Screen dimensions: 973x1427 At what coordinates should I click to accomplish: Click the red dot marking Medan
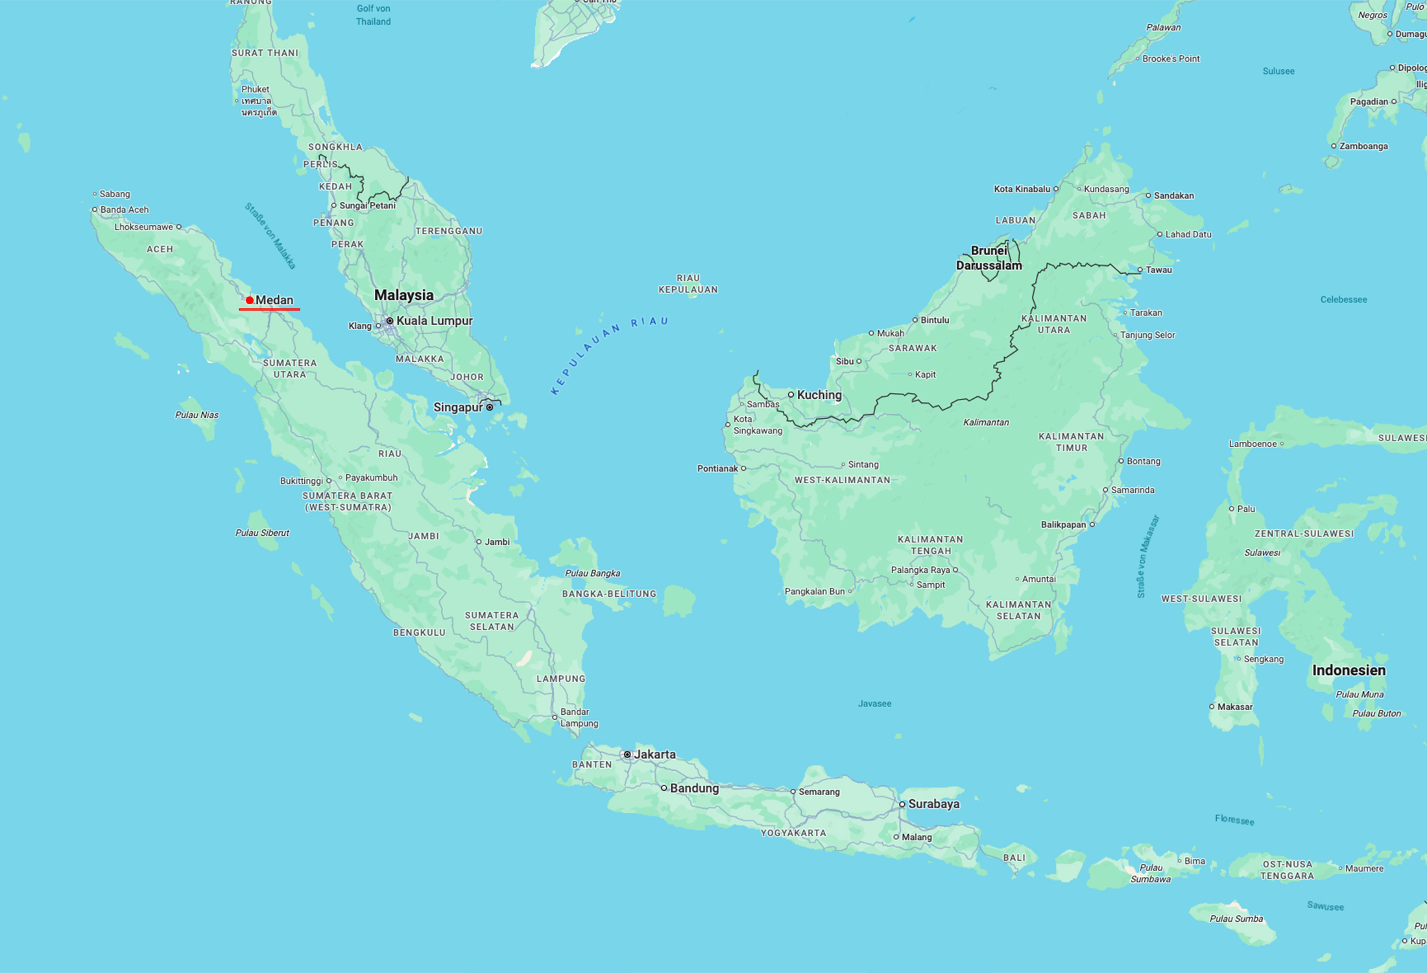pyautogui.click(x=249, y=300)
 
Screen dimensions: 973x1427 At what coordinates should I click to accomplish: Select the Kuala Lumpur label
pyautogui.click(x=434, y=320)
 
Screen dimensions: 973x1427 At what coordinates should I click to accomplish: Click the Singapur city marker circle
pyautogui.click(x=490, y=407)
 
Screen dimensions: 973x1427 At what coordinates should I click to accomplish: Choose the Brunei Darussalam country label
pyautogui.click(x=989, y=258)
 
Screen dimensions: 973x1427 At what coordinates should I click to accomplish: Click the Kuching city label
pyautogui.click(x=819, y=394)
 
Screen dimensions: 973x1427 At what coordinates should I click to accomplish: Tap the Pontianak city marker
pyautogui.click(x=743, y=468)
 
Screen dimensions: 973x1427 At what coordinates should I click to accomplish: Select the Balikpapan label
pyautogui.click(x=1062, y=524)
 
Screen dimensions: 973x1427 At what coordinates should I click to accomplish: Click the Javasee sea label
pyautogui.click(x=874, y=703)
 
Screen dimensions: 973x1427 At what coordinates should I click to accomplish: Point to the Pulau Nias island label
pyautogui.click(x=197, y=415)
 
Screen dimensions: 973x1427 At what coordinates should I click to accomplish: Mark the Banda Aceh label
pyautogui.click(x=124, y=210)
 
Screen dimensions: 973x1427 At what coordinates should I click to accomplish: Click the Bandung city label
pyautogui.click(x=694, y=788)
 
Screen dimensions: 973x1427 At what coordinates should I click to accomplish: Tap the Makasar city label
pyautogui.click(x=1234, y=706)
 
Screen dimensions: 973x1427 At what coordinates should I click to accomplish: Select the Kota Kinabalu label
pyautogui.click(x=1022, y=189)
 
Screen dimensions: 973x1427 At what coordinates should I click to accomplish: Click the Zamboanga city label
pyautogui.click(x=1363, y=146)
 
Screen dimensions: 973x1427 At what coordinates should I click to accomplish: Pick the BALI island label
pyautogui.click(x=1014, y=858)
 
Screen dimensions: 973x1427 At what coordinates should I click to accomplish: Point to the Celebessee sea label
pyautogui.click(x=1343, y=300)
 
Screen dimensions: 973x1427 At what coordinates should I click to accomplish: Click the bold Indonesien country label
pyautogui.click(x=1349, y=670)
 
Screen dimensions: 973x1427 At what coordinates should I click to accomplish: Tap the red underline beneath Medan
pyautogui.click(x=269, y=309)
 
